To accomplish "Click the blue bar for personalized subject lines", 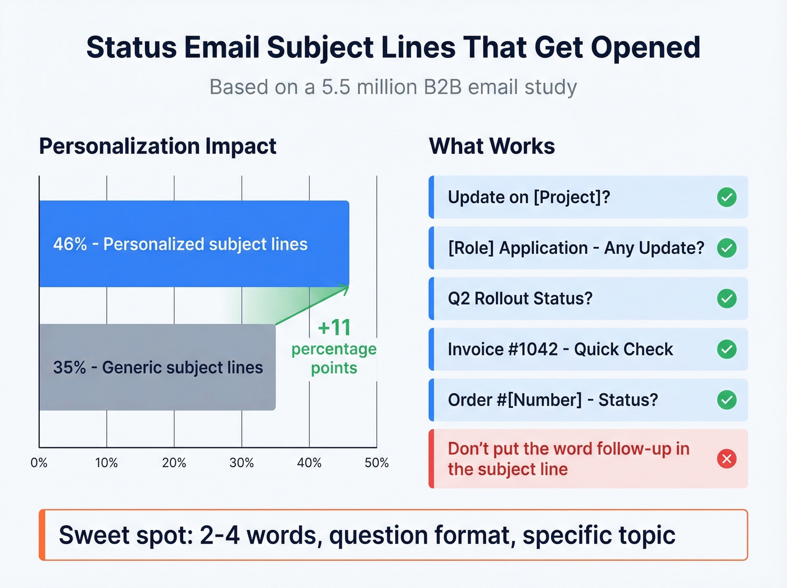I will click(194, 244).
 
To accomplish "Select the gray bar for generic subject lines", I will click(157, 367).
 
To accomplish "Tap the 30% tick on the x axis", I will click(242, 463).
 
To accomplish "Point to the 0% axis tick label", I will click(39, 463).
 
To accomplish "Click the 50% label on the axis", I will click(377, 463).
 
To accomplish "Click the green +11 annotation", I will click(334, 327).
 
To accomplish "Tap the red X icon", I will click(727, 459).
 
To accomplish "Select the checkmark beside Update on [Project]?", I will click(727, 198).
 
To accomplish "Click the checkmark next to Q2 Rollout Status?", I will click(727, 299).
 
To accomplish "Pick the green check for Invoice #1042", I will click(727, 349).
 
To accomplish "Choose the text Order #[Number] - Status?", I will click(553, 400).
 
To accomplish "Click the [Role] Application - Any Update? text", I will click(576, 248).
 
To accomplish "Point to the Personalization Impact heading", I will click(157, 146).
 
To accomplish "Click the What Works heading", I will click(492, 146).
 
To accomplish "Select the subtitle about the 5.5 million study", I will click(393, 87).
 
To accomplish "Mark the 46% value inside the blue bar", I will click(70, 244).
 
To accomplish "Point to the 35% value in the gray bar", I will click(70, 367).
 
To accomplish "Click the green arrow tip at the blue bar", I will click(347, 288).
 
